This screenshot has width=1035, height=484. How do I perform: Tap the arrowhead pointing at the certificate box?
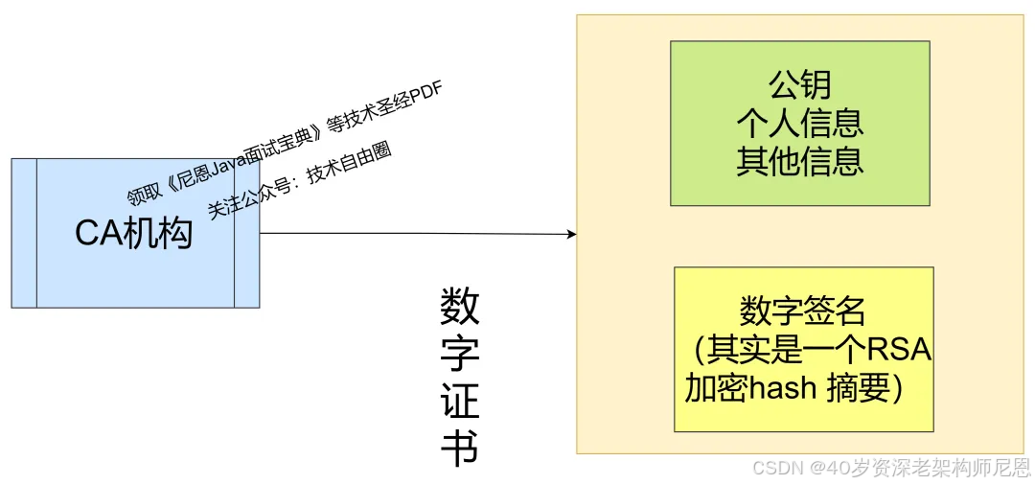coord(571,234)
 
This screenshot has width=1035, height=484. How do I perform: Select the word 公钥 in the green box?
coord(799,85)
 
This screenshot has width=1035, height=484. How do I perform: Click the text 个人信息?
coord(799,123)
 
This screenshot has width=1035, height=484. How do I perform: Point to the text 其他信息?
coord(799,160)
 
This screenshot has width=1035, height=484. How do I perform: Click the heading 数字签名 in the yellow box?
coord(802,311)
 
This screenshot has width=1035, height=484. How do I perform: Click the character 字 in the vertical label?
coord(459,356)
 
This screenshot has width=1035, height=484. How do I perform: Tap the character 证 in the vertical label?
coord(459,403)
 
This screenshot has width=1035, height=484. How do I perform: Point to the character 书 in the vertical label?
coord(459,448)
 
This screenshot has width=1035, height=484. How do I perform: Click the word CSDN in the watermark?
coord(776,468)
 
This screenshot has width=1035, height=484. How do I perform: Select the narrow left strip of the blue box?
coord(24,233)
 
